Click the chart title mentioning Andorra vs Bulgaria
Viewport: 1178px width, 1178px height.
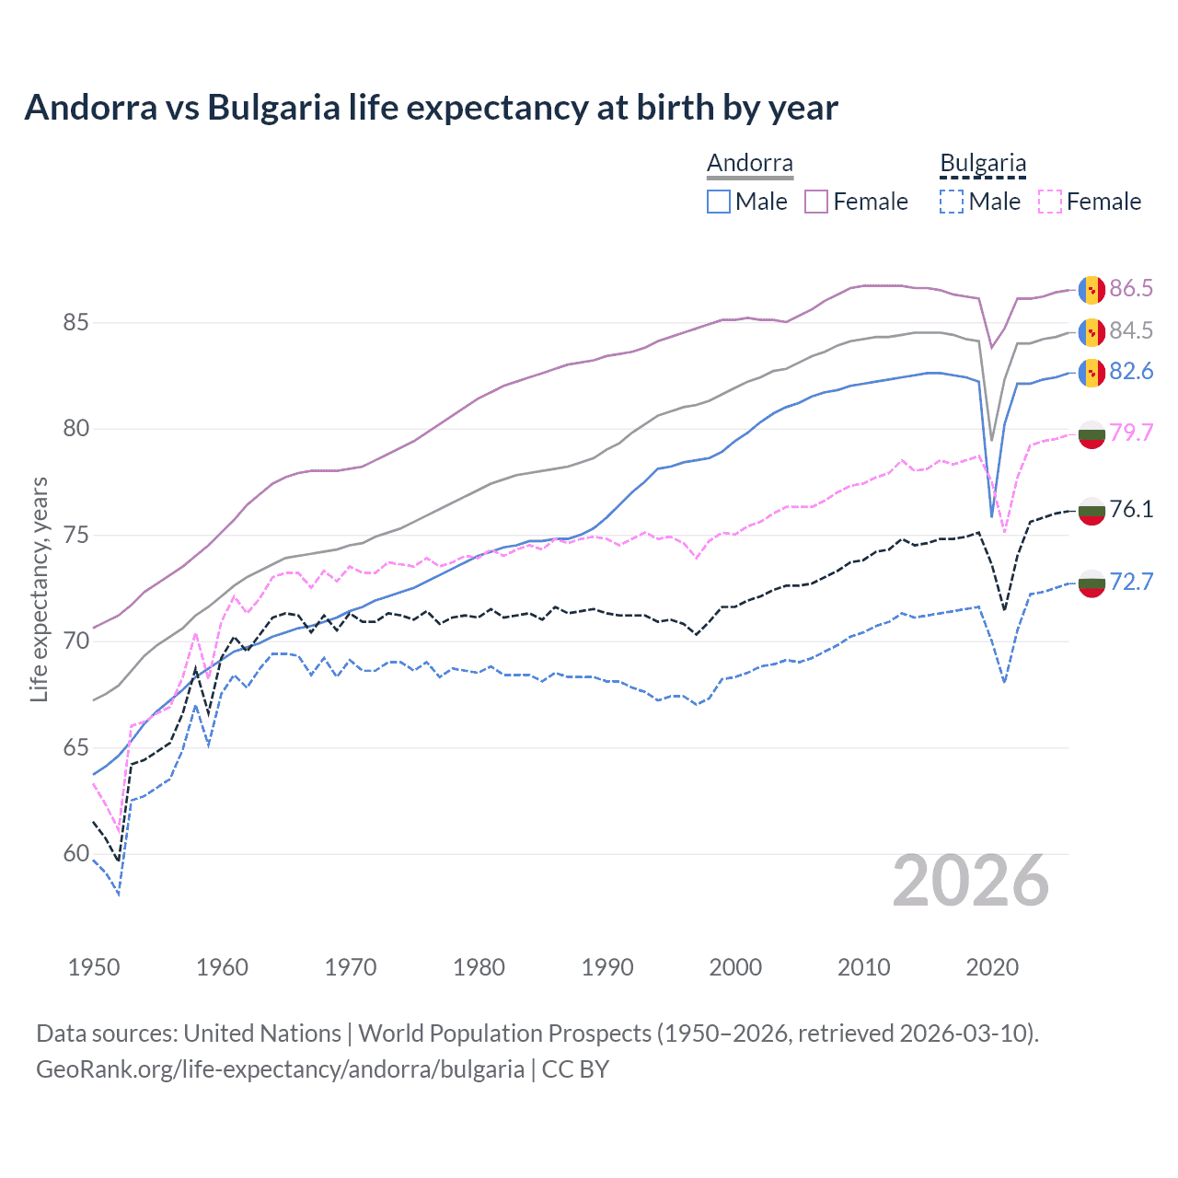click(x=431, y=108)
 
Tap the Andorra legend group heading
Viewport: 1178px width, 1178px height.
click(x=749, y=164)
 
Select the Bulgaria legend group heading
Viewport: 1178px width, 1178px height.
click(x=982, y=164)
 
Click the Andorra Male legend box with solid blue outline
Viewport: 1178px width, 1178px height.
click(x=719, y=202)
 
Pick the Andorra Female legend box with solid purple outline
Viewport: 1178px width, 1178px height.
click(x=816, y=202)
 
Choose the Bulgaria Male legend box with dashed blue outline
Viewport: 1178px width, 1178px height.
click(x=952, y=202)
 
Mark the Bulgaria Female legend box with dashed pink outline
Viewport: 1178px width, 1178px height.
click(x=1050, y=202)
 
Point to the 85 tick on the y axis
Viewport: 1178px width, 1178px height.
click(x=75, y=323)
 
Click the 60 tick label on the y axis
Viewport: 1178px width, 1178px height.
click(x=75, y=854)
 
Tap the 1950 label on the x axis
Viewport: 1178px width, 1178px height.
click(x=94, y=967)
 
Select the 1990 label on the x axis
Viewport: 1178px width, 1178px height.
click(x=607, y=967)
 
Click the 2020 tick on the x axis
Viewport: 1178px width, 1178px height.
click(x=992, y=967)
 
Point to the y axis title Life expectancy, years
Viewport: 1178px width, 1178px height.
click(x=39, y=589)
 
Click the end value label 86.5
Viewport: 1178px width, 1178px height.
click(x=1130, y=289)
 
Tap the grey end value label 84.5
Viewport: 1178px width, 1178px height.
click(x=1130, y=331)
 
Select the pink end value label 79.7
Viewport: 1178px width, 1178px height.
click(x=1130, y=433)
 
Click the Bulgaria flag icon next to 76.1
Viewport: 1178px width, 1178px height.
click(x=1091, y=510)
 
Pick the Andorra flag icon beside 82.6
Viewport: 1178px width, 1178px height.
click(x=1091, y=372)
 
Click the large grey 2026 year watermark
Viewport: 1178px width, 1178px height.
click(x=970, y=882)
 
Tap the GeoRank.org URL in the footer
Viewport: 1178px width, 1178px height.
click(x=280, y=1069)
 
